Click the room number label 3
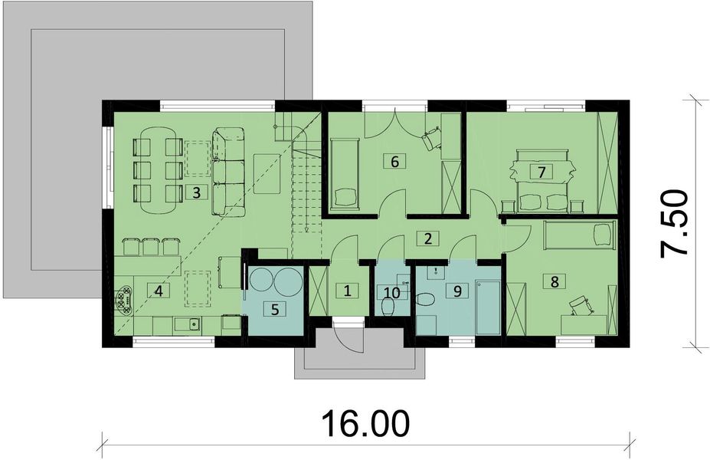coord(197,192)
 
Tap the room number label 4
coord(159,291)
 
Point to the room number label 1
coord(347,291)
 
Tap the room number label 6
coord(394,161)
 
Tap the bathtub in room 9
coord(487,307)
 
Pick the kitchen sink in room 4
coord(186,325)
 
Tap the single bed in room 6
coord(345,172)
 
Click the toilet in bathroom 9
coord(427,299)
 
